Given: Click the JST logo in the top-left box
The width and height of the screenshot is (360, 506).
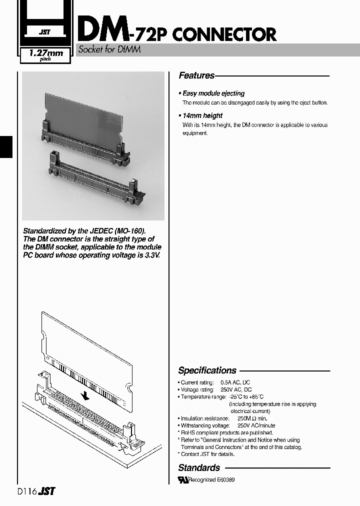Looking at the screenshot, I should pos(44,32).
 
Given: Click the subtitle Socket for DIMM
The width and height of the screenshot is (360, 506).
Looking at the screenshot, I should pos(108,49).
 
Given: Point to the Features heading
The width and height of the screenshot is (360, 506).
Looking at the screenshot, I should pos(196,75).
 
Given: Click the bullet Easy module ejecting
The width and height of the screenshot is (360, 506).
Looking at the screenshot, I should pos(213,93).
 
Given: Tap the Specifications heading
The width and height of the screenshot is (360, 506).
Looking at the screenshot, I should pos(207,370).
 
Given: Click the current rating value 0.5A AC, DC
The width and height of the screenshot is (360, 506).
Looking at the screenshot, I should pos(235,382).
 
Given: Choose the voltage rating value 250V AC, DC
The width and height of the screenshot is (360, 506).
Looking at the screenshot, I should pos(235,389).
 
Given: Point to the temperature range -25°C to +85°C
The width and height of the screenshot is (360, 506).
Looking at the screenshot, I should pos(246,396).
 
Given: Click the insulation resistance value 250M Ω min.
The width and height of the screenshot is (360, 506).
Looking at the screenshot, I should pos(252,418).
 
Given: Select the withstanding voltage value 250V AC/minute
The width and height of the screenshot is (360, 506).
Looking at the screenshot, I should pos(256,425).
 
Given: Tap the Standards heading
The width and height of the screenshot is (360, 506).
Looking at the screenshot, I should pos(199,468).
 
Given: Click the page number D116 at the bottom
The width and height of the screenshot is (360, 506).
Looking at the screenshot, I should pos(26,492).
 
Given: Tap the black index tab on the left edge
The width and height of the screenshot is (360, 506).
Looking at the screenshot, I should pos(5,146).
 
